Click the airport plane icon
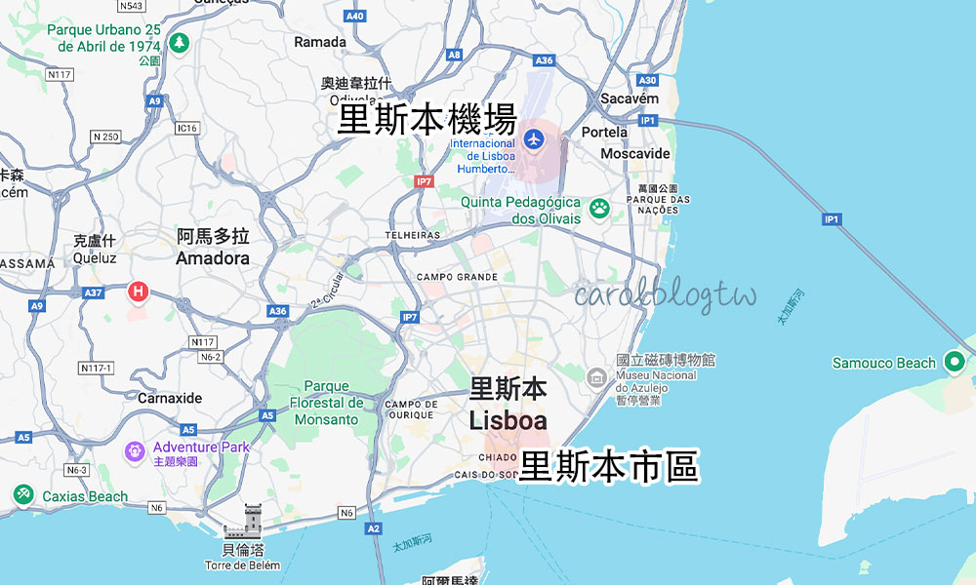[533, 137]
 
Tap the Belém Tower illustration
[243, 523]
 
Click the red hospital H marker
[139, 291]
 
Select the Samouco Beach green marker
[956, 363]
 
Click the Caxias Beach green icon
[23, 495]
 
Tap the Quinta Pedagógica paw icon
[598, 206]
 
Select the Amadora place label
[213, 258]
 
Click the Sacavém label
[630, 98]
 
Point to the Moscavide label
[635, 154]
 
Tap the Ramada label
[320, 42]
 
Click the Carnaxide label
[170, 398]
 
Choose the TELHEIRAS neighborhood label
[413, 235]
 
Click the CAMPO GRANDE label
[457, 277]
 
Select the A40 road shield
[355, 17]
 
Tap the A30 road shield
[647, 81]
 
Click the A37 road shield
[94, 292]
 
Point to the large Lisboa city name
[508, 421]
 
